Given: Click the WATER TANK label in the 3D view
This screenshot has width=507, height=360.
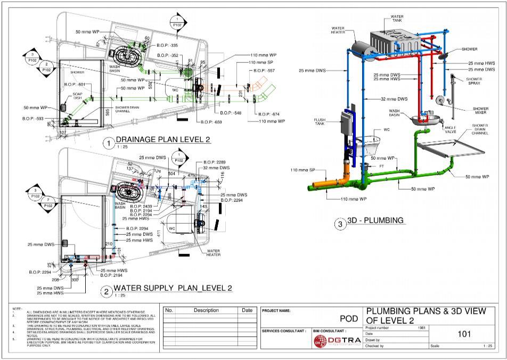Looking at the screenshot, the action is tap(397, 19).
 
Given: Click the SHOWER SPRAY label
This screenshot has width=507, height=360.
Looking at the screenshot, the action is tap(473, 81).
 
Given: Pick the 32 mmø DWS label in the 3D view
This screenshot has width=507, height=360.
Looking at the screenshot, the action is tap(395, 100).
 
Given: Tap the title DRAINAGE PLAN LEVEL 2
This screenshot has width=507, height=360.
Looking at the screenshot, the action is tap(163, 140).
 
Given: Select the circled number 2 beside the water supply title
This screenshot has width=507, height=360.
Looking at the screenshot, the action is tap(107, 292).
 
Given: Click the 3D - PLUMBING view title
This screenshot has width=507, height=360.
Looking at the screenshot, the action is tap(375, 220).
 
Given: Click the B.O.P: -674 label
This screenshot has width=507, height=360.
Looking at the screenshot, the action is tap(269, 114).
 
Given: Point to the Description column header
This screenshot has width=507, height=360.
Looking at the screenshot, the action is tap(206, 310).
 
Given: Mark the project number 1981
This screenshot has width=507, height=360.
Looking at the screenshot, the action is tap(421, 328).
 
